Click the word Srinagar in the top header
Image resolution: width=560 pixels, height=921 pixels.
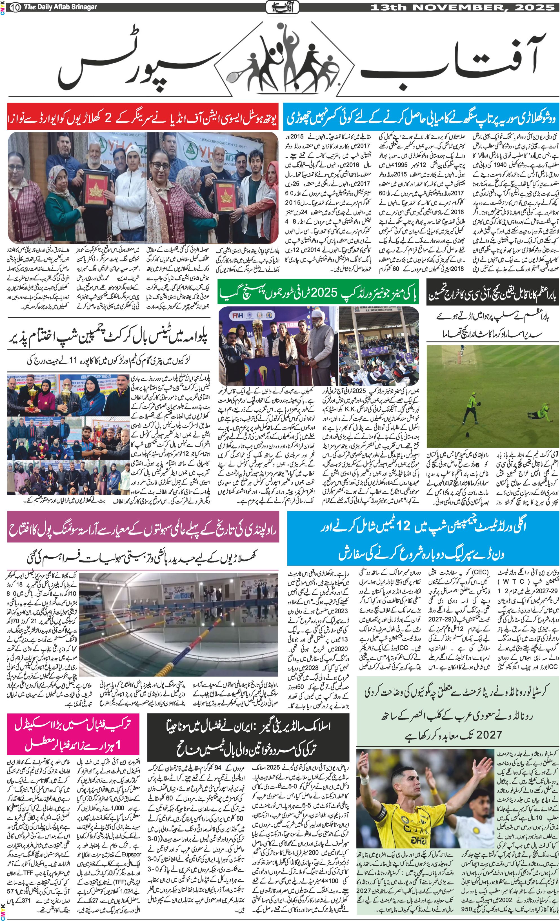[x=83, y=7]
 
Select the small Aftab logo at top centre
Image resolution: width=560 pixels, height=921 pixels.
[x=282, y=7]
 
